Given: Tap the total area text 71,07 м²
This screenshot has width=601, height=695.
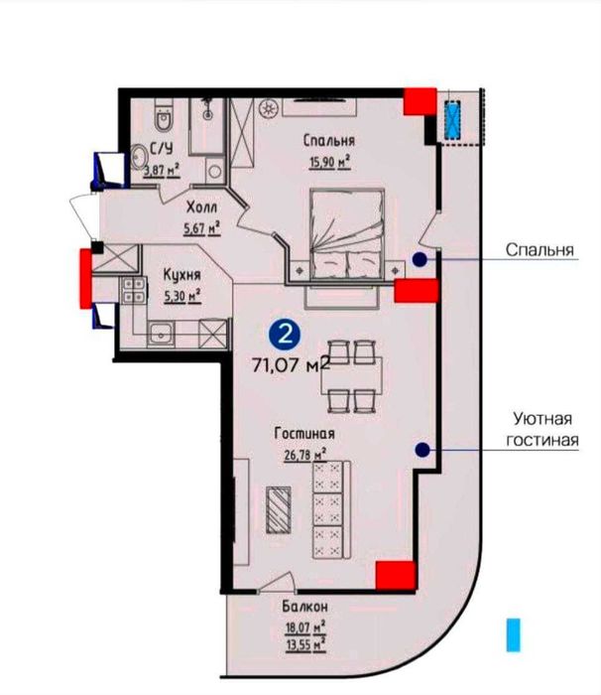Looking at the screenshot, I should click(290, 364).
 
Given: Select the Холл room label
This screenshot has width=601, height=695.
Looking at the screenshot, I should click(201, 209).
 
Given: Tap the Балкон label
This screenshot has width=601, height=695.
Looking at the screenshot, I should click(304, 606).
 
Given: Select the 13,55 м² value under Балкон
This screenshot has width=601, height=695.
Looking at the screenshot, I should click(304, 640).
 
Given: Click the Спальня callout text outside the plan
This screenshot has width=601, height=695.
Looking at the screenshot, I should click(540, 249).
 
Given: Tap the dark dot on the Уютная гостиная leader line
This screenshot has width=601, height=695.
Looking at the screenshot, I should click(422, 450).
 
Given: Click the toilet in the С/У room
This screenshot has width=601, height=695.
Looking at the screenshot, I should click(166, 121).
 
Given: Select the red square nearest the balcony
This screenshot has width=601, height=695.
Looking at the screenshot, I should click(395, 575).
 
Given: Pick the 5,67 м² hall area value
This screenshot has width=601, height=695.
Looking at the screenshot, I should click(201, 226).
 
